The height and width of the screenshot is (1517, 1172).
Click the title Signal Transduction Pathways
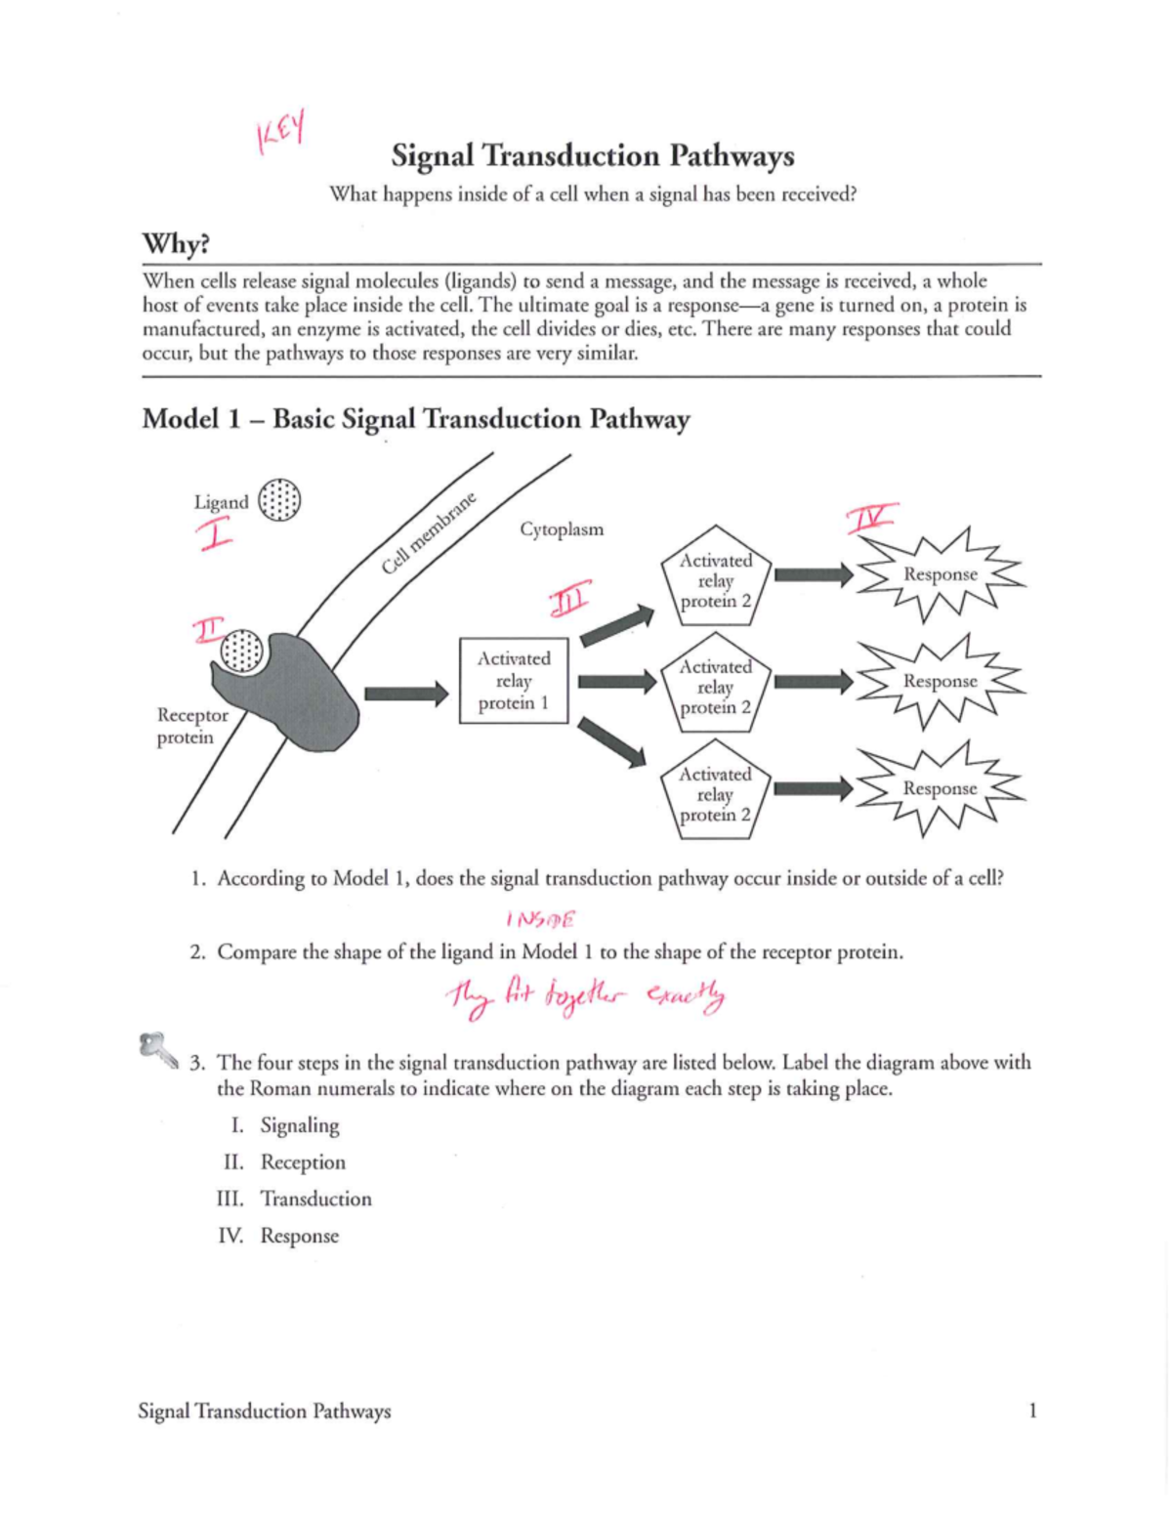(x=592, y=156)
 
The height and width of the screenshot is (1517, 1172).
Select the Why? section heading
(x=176, y=243)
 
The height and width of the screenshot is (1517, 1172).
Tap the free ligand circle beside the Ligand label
(x=279, y=500)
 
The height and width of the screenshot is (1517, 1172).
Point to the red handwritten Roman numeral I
(x=215, y=534)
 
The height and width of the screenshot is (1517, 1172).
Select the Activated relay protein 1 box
(x=514, y=681)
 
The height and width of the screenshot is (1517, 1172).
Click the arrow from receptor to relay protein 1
(x=405, y=694)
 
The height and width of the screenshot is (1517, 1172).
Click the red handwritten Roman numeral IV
(x=870, y=518)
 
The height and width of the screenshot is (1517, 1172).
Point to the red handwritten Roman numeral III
(x=569, y=599)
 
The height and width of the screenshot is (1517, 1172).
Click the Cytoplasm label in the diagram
(x=562, y=529)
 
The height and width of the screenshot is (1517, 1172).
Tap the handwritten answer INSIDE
(x=541, y=919)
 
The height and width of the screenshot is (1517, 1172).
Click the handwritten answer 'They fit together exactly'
(x=586, y=996)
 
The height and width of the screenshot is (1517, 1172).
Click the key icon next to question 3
(x=157, y=1049)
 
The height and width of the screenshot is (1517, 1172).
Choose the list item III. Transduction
(x=295, y=1199)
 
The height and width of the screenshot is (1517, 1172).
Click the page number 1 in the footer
(x=1032, y=1410)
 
